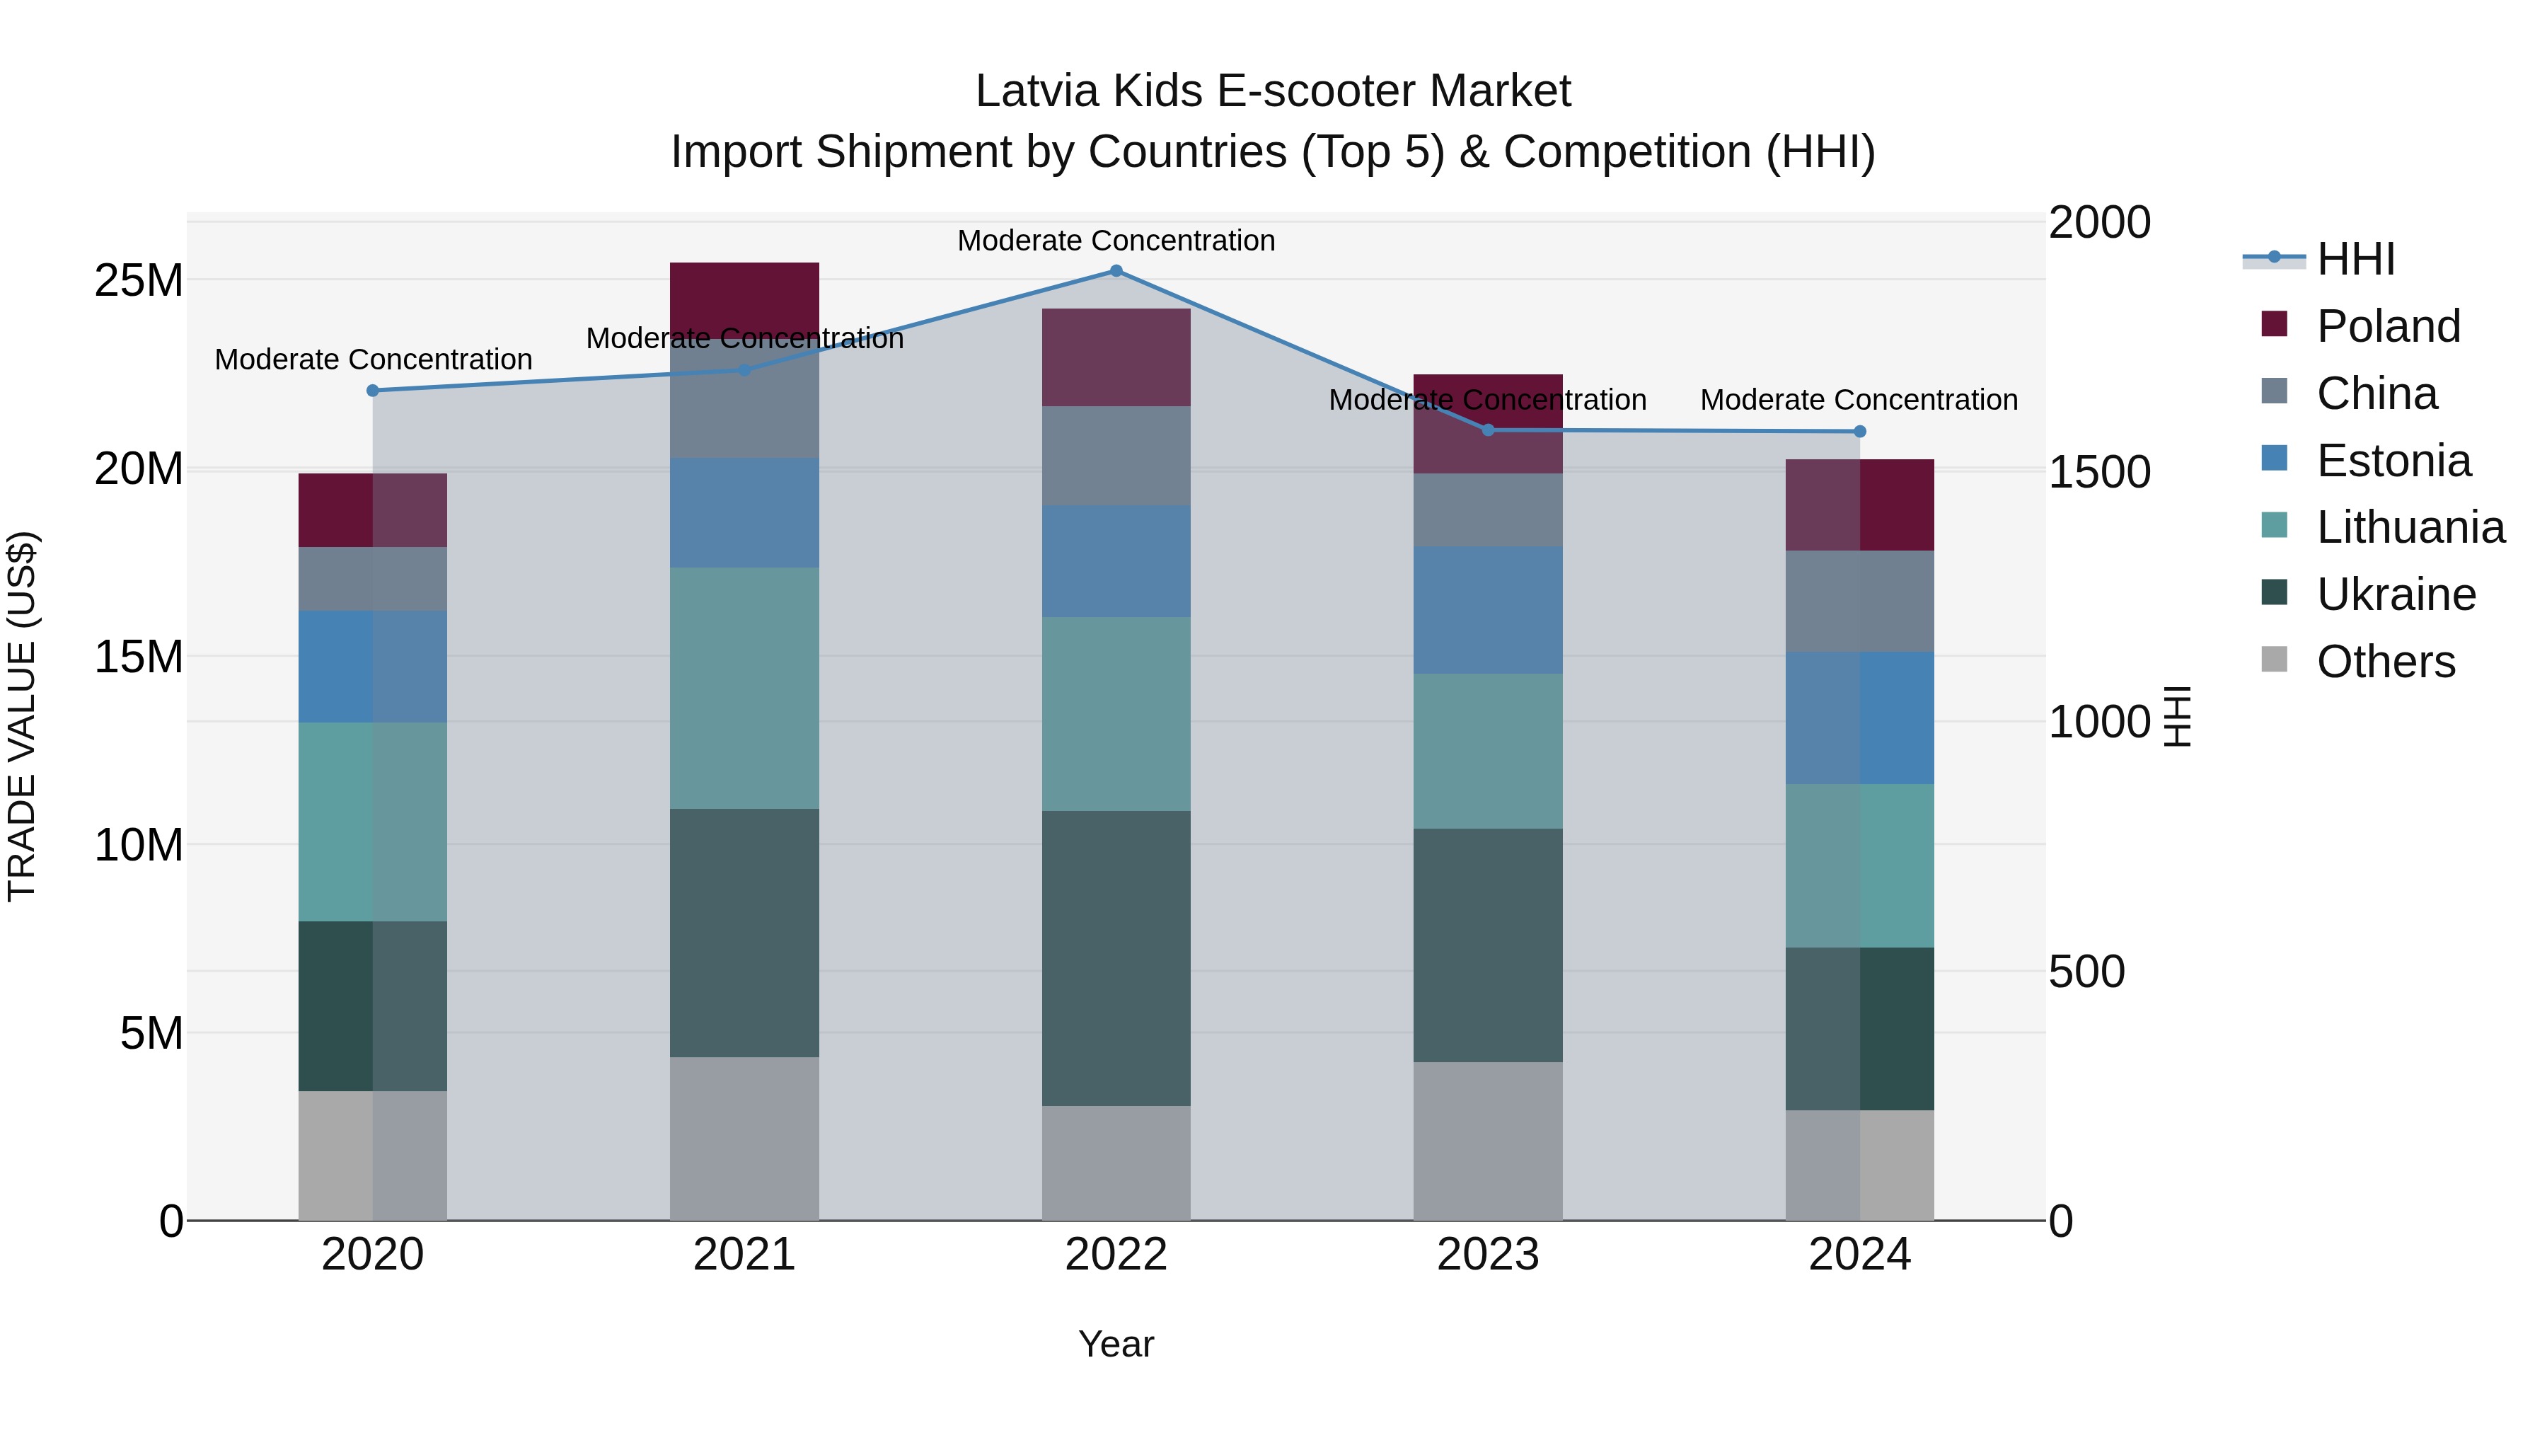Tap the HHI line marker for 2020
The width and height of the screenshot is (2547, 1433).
373,391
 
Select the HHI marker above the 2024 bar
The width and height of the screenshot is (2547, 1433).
1859,431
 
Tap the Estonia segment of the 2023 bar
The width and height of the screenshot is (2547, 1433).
1487,609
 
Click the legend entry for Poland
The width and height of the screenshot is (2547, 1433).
2387,326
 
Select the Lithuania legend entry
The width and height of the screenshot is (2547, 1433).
2410,527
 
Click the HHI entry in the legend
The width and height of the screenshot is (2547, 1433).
2355,259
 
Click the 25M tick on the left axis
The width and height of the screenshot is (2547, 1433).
139,281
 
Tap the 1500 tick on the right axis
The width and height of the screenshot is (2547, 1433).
2098,472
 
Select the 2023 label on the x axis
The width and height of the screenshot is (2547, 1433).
1487,1255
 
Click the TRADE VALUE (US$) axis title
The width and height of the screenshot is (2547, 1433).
22,716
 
